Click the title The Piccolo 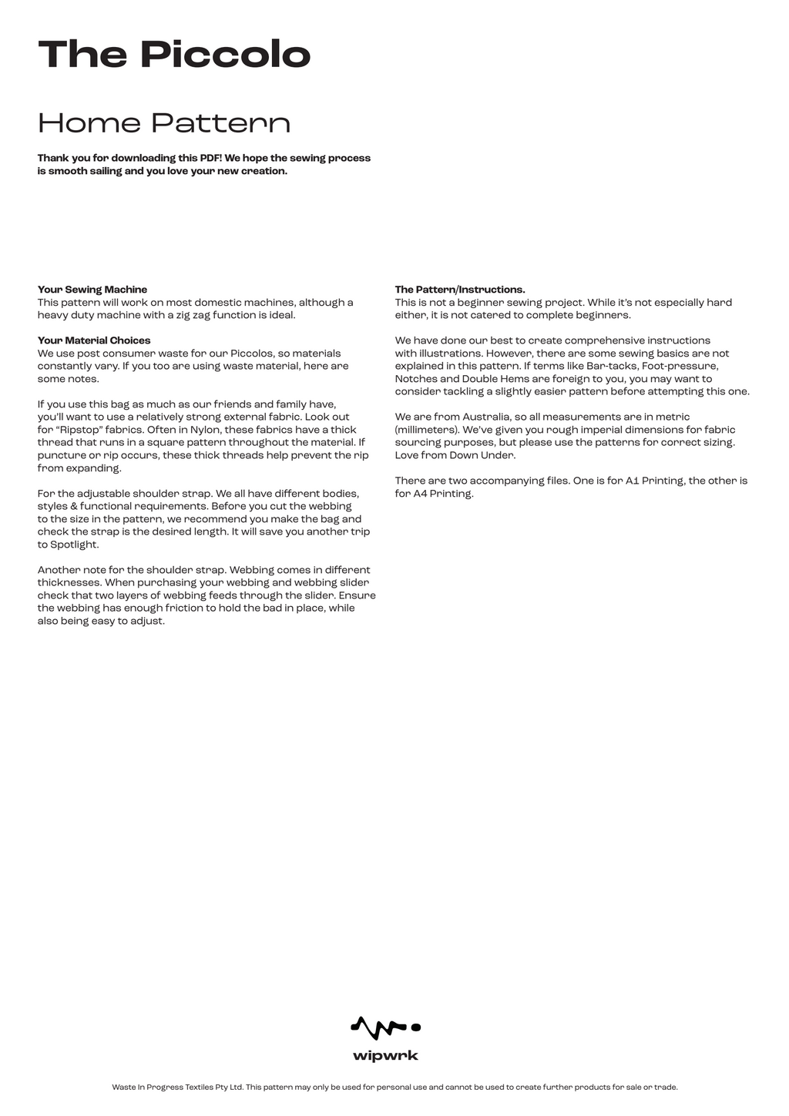[174, 55]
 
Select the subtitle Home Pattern [164, 123]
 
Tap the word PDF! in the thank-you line [210, 158]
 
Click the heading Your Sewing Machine [92, 290]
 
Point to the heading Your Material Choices [94, 340]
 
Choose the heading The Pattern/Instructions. [460, 290]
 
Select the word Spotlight [74, 545]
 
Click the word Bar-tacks [612, 366]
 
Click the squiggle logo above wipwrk [385, 1027]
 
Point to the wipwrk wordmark [385, 1056]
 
